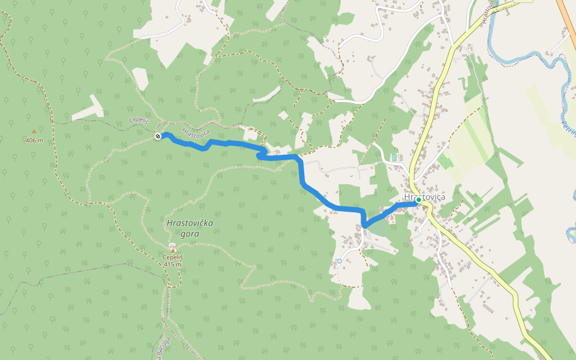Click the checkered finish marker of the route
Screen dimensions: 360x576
pyautogui.click(x=158, y=137)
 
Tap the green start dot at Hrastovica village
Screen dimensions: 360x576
pyautogui.click(x=418, y=200)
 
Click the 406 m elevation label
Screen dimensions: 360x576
pyautogui.click(x=34, y=140)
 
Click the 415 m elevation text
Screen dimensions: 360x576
pyautogui.click(x=172, y=264)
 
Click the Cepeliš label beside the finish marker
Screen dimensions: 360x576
pyautogui.click(x=139, y=120)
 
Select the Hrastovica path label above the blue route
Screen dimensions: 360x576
pyautogui.click(x=196, y=132)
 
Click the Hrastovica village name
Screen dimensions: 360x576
pyautogui.click(x=424, y=197)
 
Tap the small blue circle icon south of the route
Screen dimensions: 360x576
pyautogui.click(x=339, y=261)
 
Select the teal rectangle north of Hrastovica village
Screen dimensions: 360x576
pyautogui.click(x=394, y=157)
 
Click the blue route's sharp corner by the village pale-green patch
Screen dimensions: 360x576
pyautogui.click(x=364, y=225)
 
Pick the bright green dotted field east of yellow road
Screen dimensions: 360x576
pyautogui.click(x=445, y=161)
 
